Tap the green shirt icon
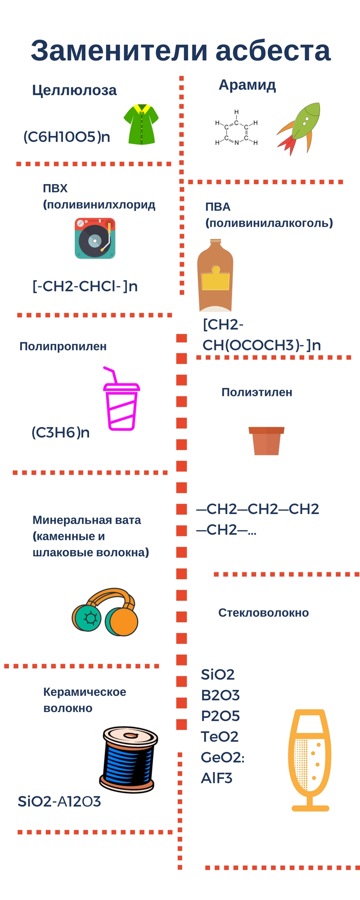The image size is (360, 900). pos(141,125)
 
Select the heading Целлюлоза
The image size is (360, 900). pos(74,90)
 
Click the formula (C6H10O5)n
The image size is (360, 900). pos(67,137)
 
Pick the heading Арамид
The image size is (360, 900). pos(247,85)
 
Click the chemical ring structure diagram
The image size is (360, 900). pos(236,128)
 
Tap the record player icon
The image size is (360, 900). pos(95,238)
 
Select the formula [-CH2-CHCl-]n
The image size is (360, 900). pos(85,286)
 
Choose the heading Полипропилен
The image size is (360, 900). pos(63,346)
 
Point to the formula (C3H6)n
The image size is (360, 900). pos(60,433)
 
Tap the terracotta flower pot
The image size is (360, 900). pos(266,441)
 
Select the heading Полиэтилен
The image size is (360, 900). pos(256,392)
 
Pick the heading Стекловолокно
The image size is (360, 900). pos(263,613)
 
